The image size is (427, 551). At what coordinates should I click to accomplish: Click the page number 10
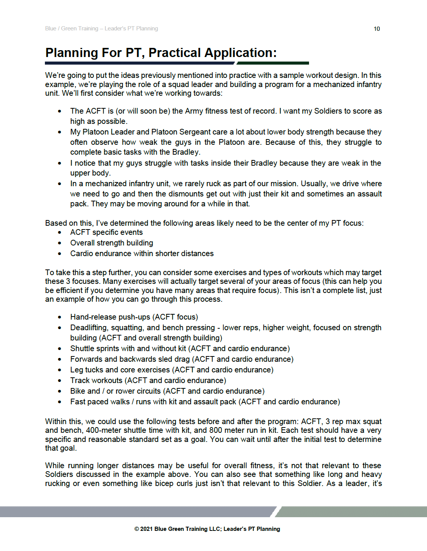click(x=376, y=29)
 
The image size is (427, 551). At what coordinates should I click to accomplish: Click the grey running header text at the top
click(x=101, y=28)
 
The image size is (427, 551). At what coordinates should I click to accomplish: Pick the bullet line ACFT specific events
click(x=106, y=232)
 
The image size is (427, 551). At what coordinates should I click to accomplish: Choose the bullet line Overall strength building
click(x=112, y=243)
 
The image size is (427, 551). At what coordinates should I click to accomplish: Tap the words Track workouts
click(x=96, y=380)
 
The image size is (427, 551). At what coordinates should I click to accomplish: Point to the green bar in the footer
click(x=350, y=511)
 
